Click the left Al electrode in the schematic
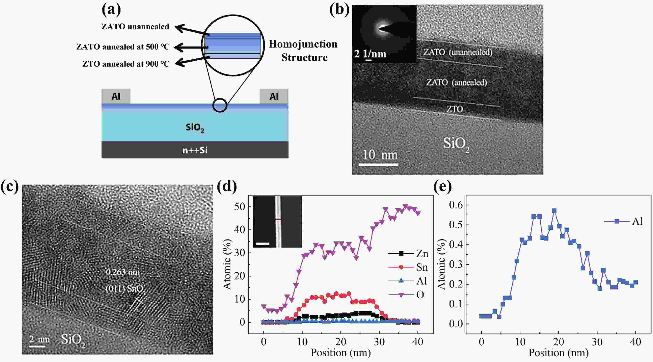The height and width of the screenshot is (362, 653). (116, 96)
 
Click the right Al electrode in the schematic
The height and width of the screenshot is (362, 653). (274, 96)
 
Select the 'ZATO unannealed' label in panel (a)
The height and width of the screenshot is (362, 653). (135, 27)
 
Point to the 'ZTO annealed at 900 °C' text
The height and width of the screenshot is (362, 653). (126, 64)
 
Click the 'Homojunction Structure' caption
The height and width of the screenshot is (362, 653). (303, 51)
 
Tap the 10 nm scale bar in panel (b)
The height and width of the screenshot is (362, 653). (379, 164)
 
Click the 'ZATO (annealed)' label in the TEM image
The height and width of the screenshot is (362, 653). (456, 82)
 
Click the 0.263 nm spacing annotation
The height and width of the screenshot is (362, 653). (123, 272)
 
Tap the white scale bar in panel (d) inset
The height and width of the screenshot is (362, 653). (262, 244)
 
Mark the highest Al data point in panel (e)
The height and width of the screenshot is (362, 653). (554, 211)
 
